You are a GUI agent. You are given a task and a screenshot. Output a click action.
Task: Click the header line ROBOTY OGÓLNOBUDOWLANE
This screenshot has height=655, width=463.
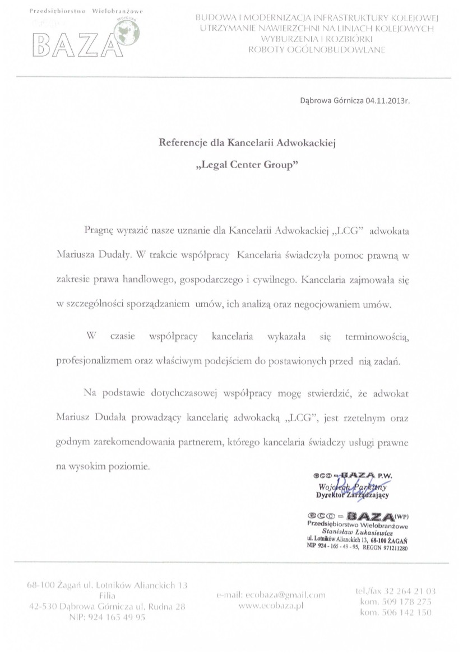[317, 50]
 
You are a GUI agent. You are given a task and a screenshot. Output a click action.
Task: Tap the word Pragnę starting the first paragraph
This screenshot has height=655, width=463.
[99, 230]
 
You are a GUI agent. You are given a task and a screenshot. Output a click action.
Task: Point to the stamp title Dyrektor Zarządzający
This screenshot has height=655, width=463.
[353, 495]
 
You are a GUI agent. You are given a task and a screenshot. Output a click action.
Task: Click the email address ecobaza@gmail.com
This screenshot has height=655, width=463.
[270, 595]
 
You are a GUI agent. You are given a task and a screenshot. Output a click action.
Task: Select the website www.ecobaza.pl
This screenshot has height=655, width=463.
[270, 605]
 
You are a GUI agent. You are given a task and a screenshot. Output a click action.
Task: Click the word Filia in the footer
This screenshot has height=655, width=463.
[107, 596]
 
